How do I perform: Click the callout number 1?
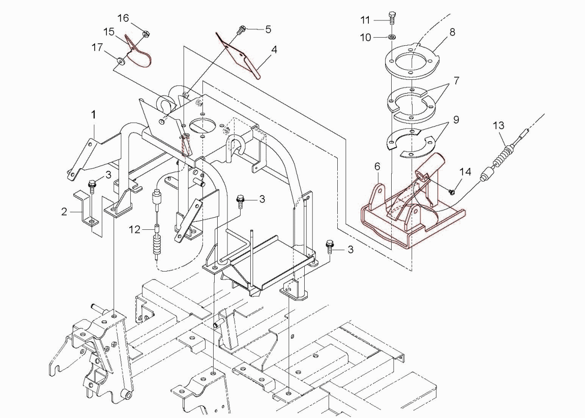(94, 115)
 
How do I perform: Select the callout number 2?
(65, 211)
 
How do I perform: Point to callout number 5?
(268, 29)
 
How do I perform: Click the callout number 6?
(377, 166)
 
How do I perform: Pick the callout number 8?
(452, 32)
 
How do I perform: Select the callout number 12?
(134, 230)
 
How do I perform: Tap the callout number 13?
(499, 125)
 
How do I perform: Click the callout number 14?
(465, 172)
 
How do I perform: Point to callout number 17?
(97, 48)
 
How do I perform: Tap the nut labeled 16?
(145, 34)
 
